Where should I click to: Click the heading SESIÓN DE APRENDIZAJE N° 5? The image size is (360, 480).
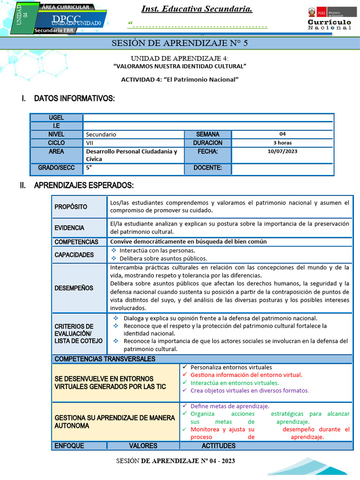coord(179,44)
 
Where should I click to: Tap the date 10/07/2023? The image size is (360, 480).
coord(282,151)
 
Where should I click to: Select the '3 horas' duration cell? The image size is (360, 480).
coord(282,142)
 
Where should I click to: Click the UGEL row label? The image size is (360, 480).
coord(56,118)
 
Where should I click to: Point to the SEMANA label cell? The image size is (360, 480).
coord(208,134)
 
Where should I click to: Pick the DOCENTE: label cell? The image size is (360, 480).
coord(208,168)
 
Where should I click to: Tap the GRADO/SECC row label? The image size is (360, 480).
coord(56,168)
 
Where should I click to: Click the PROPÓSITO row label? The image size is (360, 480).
coord(71,207)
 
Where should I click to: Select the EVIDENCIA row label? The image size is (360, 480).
coord(69,228)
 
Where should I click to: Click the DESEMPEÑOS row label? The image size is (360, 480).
coord(74,288)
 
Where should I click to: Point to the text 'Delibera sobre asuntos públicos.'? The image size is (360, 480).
coord(163,258)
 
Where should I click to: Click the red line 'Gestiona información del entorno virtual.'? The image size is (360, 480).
coord(246,375)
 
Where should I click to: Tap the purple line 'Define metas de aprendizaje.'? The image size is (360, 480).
coord(230,406)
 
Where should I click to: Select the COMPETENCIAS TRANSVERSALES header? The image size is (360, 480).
coord(105,359)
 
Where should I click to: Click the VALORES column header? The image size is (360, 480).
coord(143,446)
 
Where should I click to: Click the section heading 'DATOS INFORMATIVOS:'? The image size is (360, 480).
coord(74,98)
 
